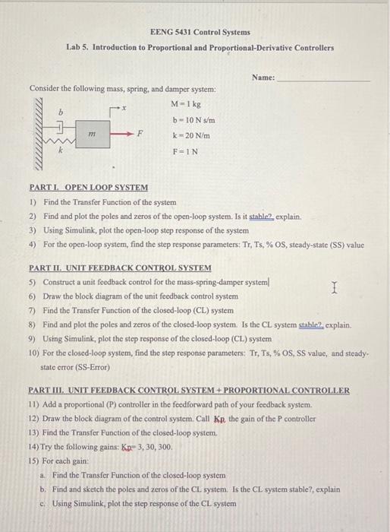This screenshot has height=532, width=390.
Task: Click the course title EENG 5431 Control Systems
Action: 200,33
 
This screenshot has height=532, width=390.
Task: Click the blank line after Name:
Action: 324,78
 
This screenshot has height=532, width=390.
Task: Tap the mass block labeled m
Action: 91,134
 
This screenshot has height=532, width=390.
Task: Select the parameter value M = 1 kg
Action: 186,104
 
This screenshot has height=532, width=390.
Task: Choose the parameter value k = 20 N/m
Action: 191,135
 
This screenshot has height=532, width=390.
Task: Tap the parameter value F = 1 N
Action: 184,150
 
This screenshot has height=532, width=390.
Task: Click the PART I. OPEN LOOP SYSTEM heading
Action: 88,187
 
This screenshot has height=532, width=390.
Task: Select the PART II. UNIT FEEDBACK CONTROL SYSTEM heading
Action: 120,268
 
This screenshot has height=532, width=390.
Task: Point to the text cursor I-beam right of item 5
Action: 334,287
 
